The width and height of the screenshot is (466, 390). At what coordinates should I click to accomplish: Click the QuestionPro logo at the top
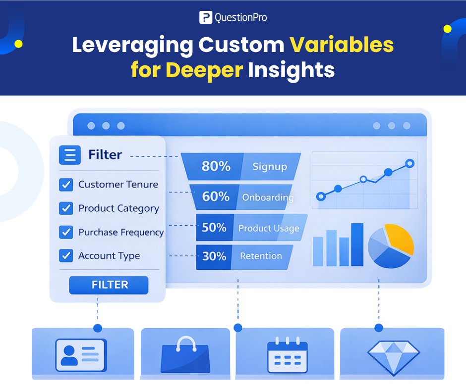(233, 17)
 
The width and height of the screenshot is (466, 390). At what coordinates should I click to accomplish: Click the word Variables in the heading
(342, 45)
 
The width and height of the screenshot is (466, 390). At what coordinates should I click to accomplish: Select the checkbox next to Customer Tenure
(66, 185)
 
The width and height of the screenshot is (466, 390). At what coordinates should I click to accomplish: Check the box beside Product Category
(66, 208)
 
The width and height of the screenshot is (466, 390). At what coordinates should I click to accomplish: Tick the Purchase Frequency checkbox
(66, 232)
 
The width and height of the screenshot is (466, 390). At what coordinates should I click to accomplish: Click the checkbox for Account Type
(66, 256)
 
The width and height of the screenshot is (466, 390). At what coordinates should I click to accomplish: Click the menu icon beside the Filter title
(70, 155)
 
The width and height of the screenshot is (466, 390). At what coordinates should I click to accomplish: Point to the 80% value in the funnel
(216, 166)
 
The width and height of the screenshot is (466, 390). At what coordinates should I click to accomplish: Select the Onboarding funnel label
(268, 197)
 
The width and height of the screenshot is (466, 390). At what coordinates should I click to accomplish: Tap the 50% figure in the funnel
(214, 228)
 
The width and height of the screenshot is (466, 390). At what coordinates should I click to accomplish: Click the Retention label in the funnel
(261, 256)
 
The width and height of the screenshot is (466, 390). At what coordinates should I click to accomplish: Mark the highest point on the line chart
(409, 163)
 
